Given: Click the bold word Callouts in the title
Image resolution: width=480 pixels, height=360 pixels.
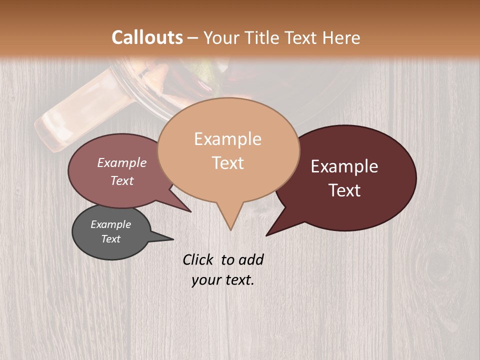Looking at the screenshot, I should tap(147, 37).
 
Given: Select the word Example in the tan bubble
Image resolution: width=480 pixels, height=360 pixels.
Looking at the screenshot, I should tap(227, 139).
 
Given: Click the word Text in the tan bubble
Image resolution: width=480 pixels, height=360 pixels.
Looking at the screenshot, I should tap(228, 163).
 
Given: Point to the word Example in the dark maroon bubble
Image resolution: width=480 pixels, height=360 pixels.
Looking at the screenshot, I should tap(344, 166).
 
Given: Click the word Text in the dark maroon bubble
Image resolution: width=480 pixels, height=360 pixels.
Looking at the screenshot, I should tap(345, 190).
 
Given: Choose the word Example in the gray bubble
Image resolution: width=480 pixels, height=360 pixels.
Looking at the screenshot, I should tap(110, 224).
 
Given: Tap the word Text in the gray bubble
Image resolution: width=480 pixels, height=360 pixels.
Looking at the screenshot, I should tap(111, 239).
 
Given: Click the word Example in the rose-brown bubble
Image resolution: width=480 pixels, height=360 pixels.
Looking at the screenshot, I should tap(122, 162).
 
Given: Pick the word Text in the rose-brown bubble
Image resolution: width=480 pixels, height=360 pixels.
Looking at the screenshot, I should tap(122, 180).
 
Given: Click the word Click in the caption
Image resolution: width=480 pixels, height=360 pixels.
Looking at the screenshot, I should tap(199, 259).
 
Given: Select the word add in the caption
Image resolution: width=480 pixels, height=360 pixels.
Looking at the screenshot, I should tap(251, 259).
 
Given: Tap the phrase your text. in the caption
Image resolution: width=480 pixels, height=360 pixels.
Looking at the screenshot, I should tap(223, 280).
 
